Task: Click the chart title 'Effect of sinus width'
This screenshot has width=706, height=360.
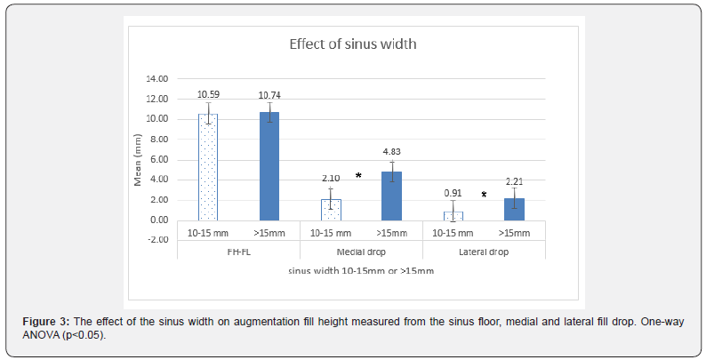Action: [352, 44]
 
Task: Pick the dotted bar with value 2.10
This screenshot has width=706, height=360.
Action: [331, 209]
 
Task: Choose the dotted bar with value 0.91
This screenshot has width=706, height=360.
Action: [453, 215]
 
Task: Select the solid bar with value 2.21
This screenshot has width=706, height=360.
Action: [515, 209]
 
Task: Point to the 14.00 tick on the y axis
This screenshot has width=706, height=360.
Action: [156, 79]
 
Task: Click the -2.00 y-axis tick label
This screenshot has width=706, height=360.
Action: [156, 240]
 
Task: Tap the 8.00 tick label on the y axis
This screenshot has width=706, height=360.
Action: [158, 140]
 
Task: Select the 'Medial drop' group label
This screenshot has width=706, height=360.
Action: [360, 252]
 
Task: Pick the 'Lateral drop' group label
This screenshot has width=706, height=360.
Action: [484, 252]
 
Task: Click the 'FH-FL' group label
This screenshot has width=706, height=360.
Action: [237, 252]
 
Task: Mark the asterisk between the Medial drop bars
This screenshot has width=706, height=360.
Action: [358, 176]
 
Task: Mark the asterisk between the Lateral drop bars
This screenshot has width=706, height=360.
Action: [484, 195]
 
